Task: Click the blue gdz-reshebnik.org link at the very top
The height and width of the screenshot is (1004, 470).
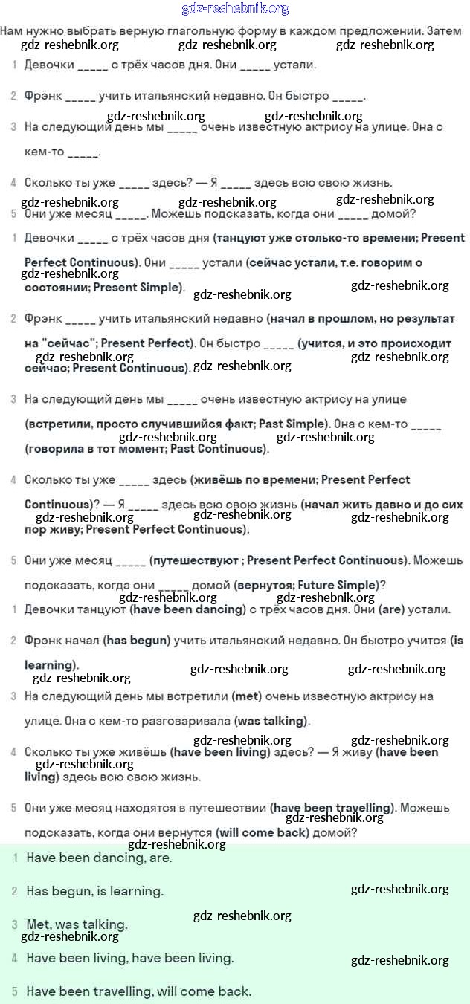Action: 235,9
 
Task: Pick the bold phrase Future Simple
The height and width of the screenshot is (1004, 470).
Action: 337,585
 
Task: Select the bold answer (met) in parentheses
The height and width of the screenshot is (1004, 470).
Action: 245,696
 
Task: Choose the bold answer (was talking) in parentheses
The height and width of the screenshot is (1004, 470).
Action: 271,721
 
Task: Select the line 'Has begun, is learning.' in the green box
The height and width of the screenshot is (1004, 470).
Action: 94,890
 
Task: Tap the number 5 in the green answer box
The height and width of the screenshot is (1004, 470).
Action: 14,991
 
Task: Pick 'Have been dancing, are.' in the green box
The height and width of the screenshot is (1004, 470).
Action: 99,858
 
